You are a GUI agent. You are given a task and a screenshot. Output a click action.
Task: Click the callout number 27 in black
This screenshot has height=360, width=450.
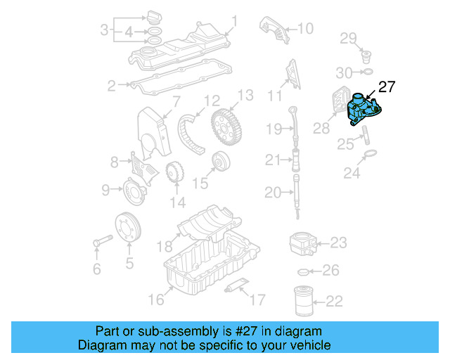pyautogui.click(x=387, y=87)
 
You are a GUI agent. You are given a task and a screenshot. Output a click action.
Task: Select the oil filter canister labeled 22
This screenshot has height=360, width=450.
pyautogui.click(x=304, y=300)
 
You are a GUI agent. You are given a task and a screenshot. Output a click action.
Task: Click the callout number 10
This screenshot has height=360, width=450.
pyautogui.click(x=304, y=29)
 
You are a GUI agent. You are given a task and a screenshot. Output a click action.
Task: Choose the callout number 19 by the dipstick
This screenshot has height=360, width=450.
pyautogui.click(x=274, y=129)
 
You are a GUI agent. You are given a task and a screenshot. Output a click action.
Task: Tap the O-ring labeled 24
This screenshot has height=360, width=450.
pyautogui.click(x=371, y=154)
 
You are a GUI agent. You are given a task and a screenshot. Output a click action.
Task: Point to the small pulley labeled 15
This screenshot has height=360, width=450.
pyautogui.click(x=221, y=161)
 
